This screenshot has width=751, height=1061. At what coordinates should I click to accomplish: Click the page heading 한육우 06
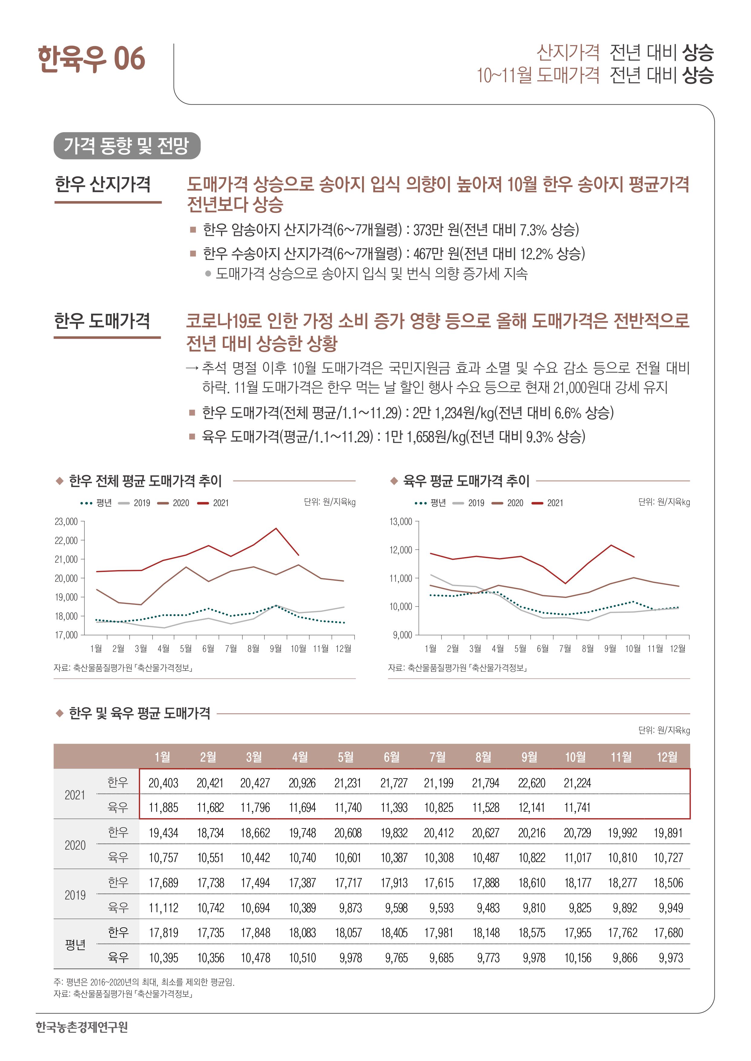[x=91, y=59]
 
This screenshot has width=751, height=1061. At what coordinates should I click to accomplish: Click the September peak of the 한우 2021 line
[x=276, y=528]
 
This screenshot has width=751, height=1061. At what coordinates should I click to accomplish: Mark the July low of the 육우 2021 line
[x=565, y=584]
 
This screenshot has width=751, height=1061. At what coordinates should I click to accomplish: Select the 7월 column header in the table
[x=437, y=757]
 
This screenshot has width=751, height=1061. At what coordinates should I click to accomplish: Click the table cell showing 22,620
[x=531, y=783]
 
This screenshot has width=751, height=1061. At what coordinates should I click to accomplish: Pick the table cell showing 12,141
[x=531, y=808]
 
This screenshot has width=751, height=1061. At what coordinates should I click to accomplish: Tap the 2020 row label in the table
[x=75, y=845]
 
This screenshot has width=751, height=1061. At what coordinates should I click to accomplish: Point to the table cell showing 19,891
[x=668, y=833]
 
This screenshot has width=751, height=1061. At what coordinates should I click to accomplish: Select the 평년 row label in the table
[x=75, y=945]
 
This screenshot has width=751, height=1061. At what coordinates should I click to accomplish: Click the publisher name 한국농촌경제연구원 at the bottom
[x=82, y=1027]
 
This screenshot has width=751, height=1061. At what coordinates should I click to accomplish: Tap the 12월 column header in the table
[x=667, y=757]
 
